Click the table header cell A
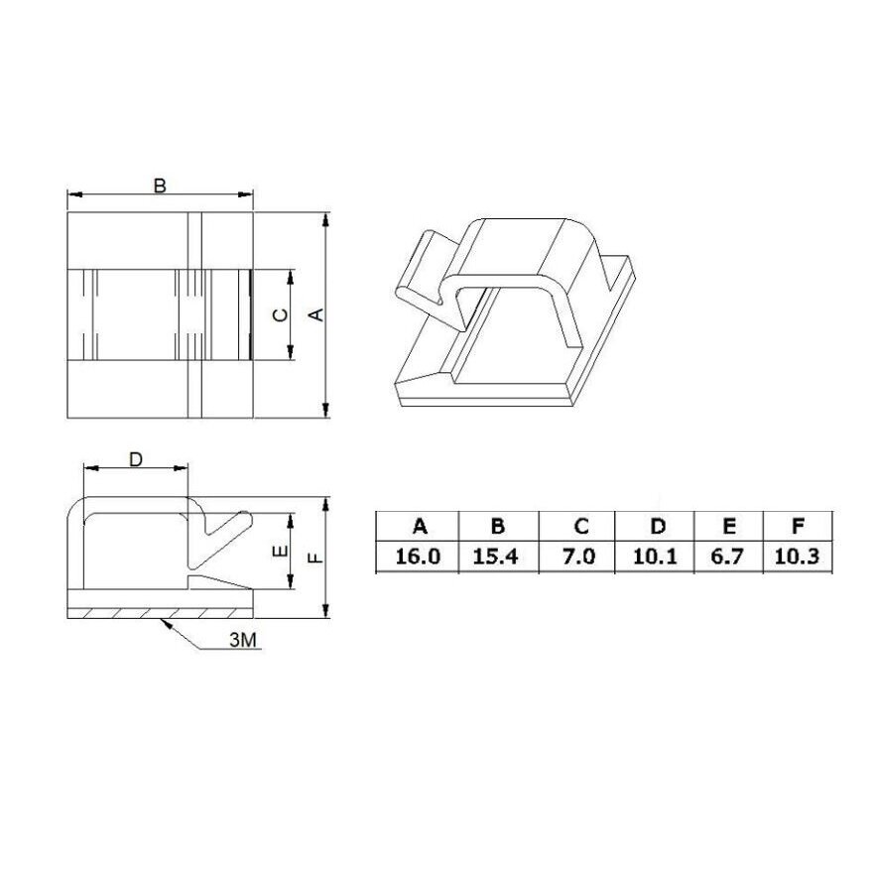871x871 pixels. (418, 526)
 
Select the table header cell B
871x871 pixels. (499, 526)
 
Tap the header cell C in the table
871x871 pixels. (577, 526)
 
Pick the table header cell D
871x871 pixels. (655, 526)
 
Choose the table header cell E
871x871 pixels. (729, 526)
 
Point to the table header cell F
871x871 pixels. (799, 526)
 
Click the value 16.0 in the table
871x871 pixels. (418, 557)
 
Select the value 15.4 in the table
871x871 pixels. (499, 557)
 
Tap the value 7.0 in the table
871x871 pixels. (577, 557)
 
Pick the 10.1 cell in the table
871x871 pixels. (655, 557)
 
